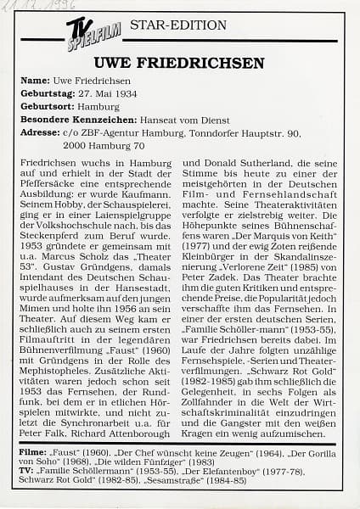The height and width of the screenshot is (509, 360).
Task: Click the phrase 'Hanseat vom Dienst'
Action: pos(194,120)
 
